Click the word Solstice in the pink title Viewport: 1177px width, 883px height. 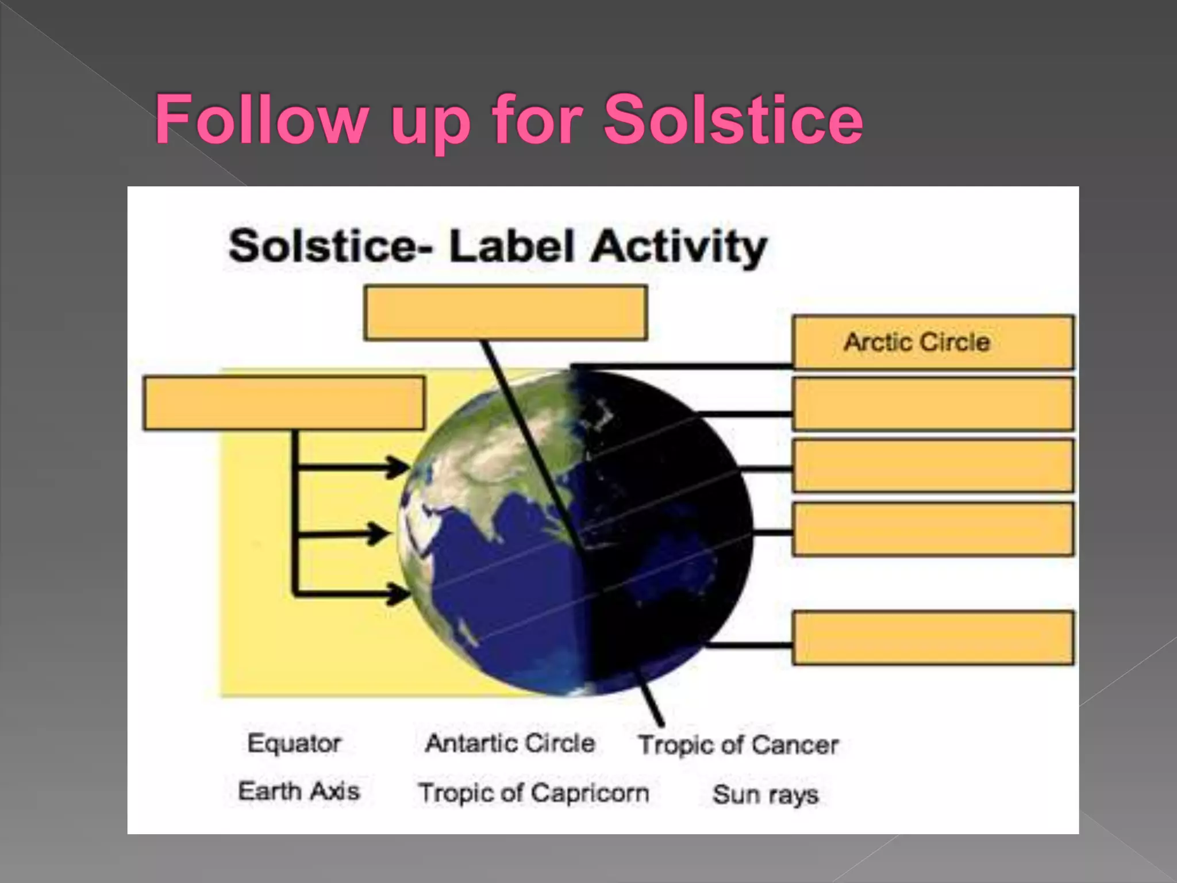733,119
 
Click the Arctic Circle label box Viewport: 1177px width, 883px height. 932,342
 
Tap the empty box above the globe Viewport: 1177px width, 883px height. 506,313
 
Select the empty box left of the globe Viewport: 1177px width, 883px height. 284,403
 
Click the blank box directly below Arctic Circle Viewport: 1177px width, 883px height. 932,404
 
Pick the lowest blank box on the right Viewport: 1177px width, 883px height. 932,638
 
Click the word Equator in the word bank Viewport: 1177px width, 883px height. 294,743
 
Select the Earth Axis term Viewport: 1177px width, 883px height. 299,791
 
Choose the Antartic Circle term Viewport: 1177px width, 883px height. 510,743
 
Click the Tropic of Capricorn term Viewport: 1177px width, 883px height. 533,793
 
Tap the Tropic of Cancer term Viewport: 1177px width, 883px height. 738,745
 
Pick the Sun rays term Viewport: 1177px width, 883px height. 765,794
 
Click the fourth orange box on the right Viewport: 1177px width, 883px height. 932,529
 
